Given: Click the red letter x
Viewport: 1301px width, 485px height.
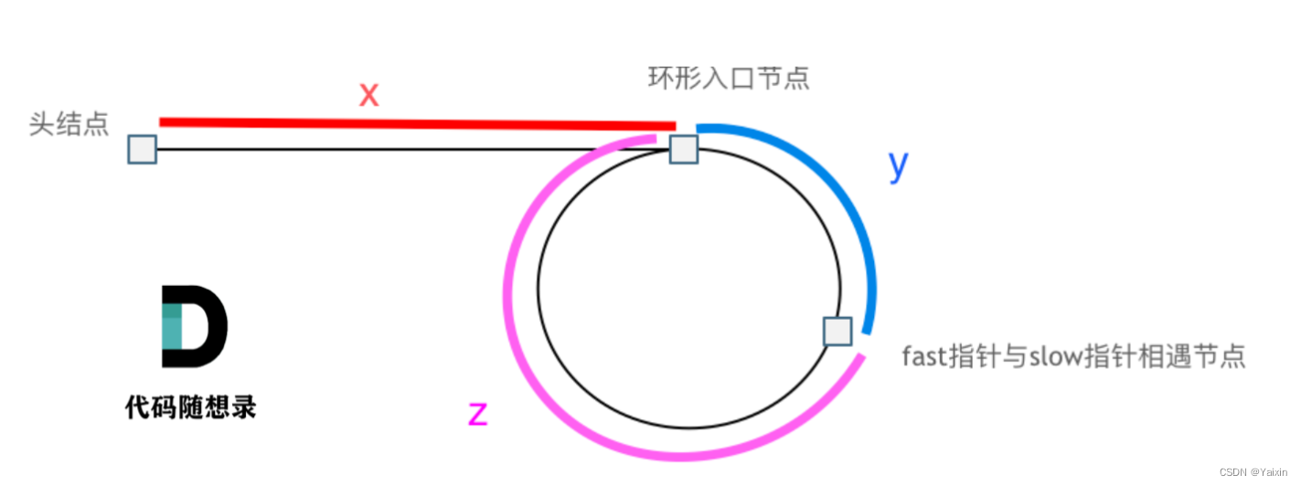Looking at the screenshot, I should click(x=368, y=94).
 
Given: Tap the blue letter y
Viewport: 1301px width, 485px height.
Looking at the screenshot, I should click(x=899, y=164).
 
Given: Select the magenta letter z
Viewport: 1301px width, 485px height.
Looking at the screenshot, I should click(x=477, y=414).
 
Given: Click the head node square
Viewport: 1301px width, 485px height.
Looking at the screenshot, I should click(x=143, y=149).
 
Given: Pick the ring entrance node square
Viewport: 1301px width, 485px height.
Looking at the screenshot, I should click(x=684, y=149).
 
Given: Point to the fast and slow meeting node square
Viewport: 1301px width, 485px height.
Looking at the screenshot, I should click(x=837, y=331).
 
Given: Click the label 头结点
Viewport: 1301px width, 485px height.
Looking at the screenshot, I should click(x=69, y=124).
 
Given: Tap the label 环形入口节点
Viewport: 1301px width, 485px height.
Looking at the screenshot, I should click(x=729, y=79).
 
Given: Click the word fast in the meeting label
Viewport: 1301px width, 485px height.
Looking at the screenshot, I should click(x=925, y=355).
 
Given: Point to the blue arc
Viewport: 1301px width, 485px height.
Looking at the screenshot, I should click(x=855, y=210).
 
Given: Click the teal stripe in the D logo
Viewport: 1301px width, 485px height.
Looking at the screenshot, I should click(x=172, y=327).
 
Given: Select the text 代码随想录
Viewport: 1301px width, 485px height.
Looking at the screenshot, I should click(x=190, y=406).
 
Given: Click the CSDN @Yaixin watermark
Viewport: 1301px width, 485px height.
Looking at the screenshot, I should click(x=1257, y=472).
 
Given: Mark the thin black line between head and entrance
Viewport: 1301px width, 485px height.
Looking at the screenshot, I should click(x=411, y=149).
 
